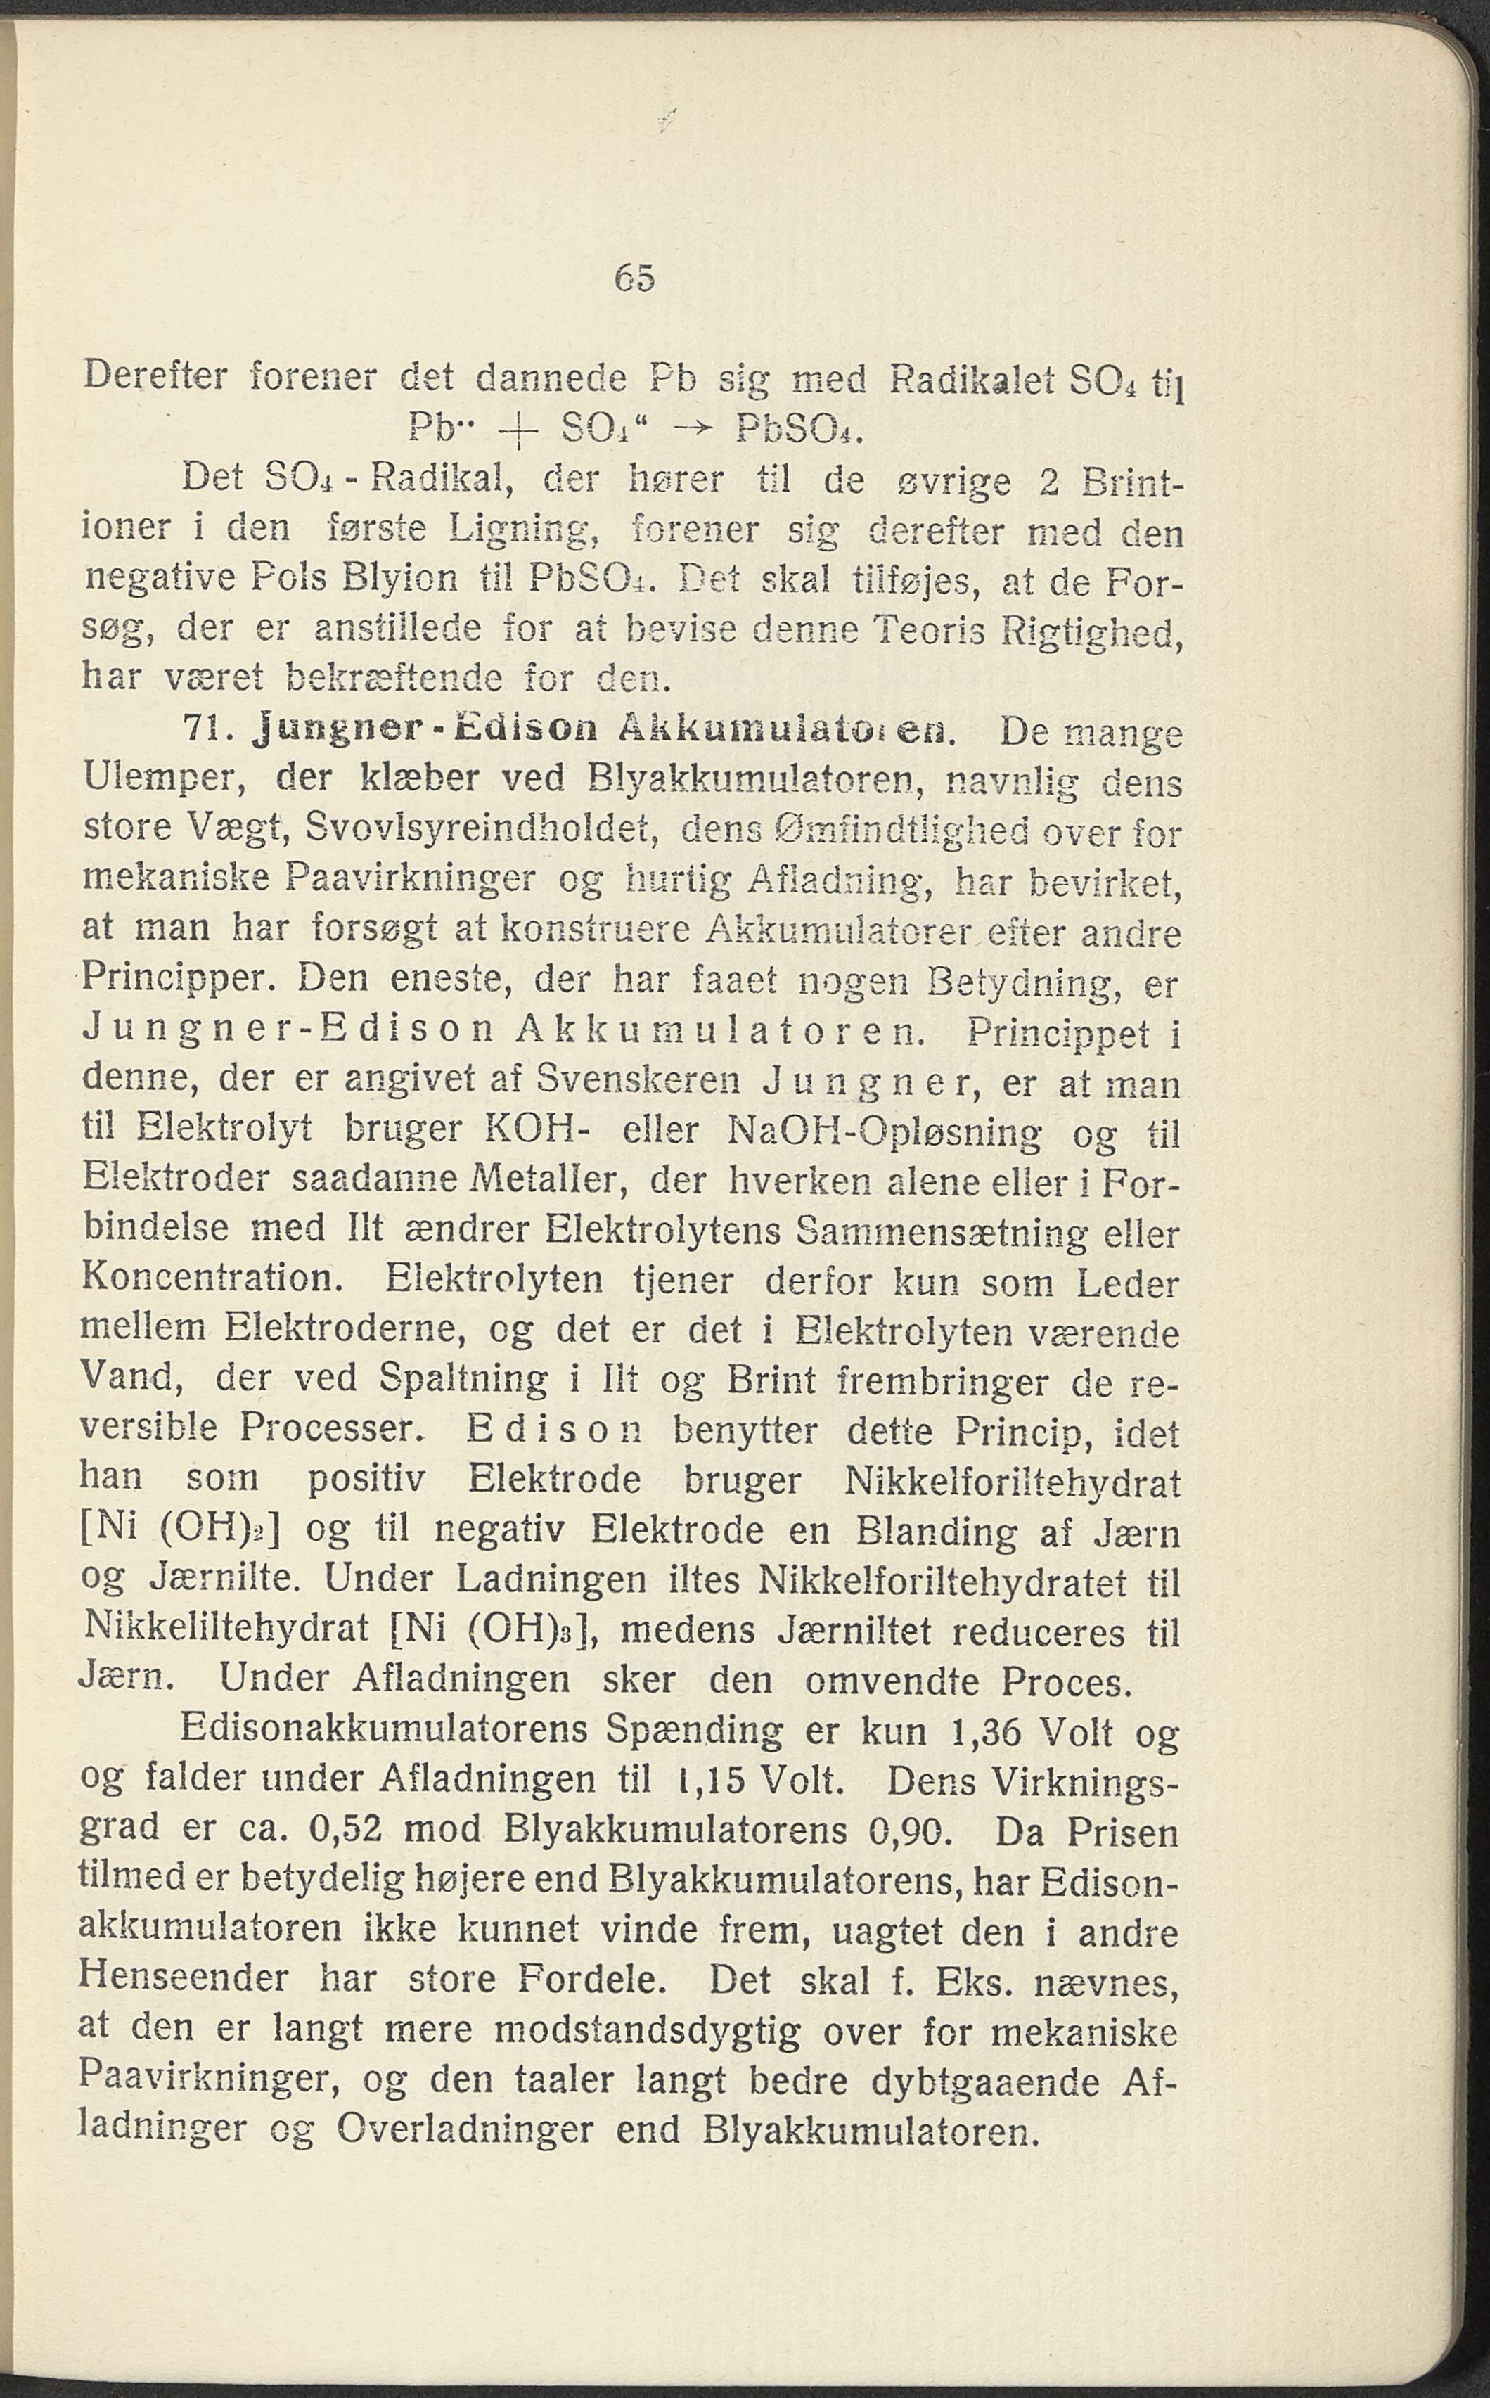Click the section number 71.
click(x=206, y=731)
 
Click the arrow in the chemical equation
click(x=695, y=430)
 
